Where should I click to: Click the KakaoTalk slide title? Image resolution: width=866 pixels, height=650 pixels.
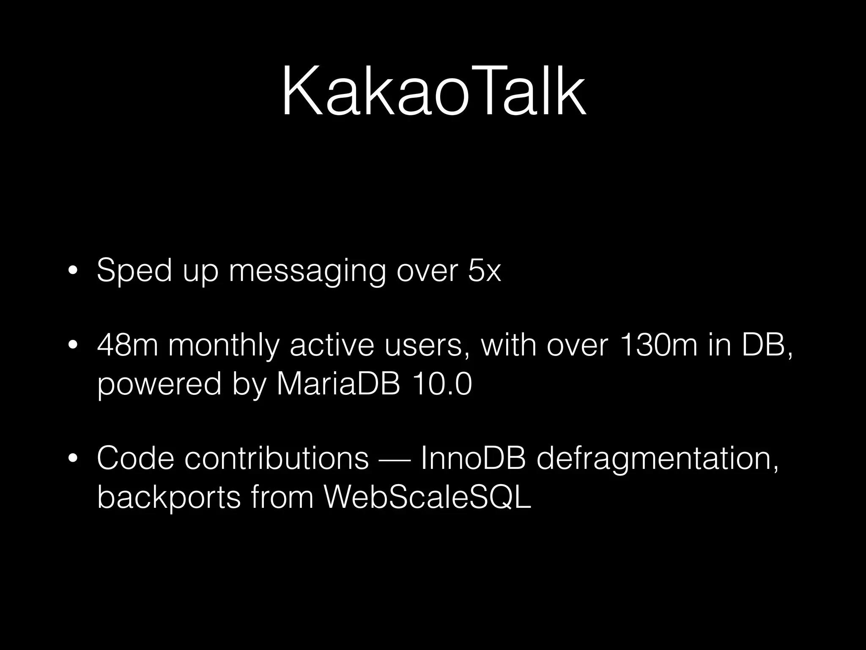tap(433, 92)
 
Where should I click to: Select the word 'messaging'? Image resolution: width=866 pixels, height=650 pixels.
tap(307, 271)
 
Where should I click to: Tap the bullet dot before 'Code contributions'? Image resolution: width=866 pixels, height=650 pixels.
tap(73, 459)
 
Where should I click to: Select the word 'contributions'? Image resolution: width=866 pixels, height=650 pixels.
tap(277, 458)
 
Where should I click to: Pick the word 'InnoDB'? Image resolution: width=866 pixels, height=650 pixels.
tap(473, 458)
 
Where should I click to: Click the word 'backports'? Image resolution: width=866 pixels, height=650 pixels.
tap(169, 497)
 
